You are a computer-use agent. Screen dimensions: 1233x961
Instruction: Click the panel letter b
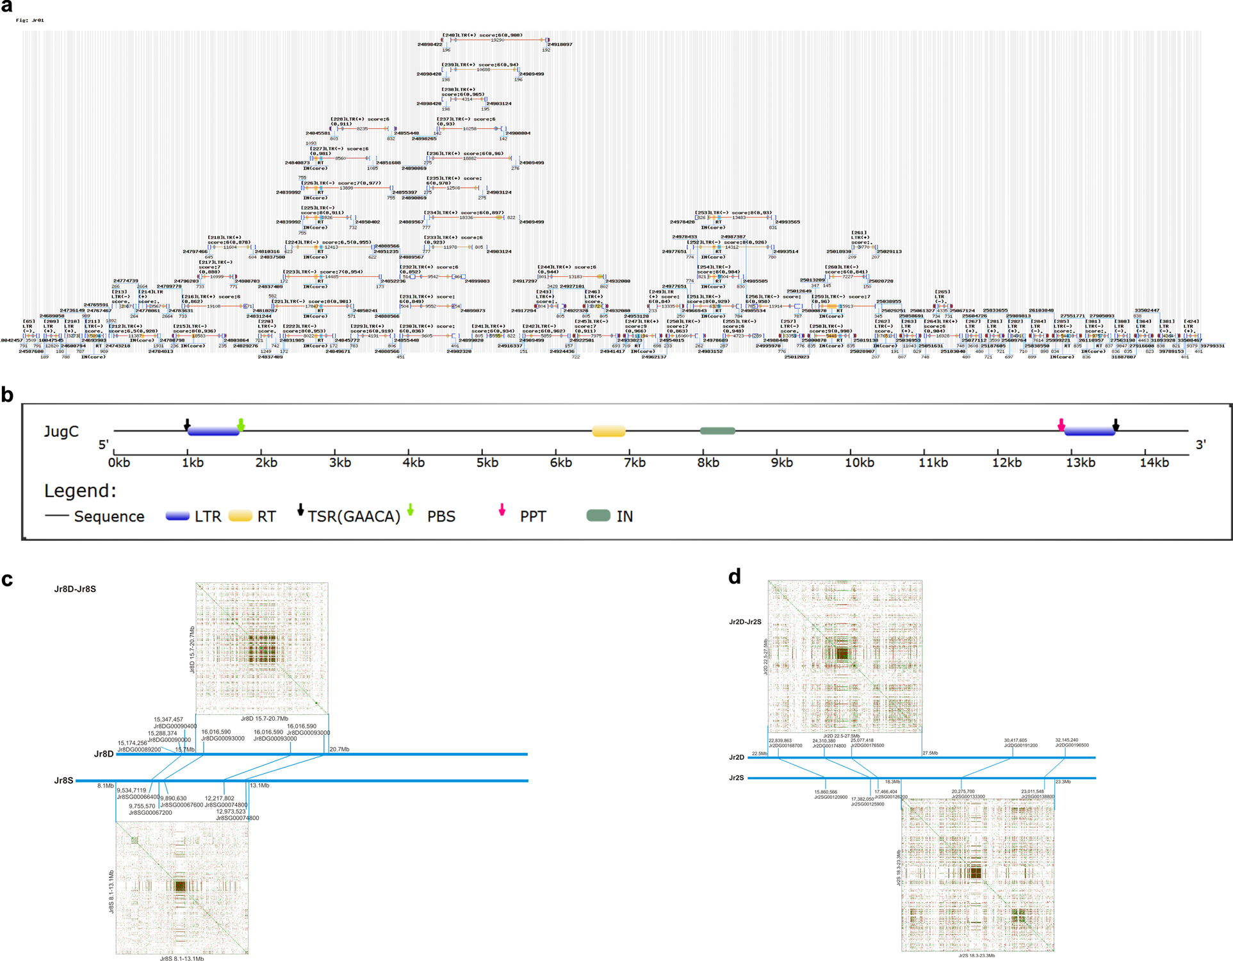pyautogui.click(x=8, y=395)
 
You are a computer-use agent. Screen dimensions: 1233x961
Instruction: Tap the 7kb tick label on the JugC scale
pyautogui.click(x=634, y=463)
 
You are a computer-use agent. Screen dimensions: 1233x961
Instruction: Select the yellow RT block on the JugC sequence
pyautogui.click(x=608, y=431)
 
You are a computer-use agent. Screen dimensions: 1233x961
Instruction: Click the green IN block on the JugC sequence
pyautogui.click(x=717, y=431)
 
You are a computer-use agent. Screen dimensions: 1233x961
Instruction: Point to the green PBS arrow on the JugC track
pyautogui.click(x=241, y=424)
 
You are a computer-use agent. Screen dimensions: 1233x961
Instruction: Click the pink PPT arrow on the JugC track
pyautogui.click(x=1061, y=425)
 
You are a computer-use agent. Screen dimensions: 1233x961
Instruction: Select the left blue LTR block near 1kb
pyautogui.click(x=213, y=432)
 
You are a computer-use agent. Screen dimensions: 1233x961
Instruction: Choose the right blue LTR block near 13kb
pyautogui.click(x=1090, y=432)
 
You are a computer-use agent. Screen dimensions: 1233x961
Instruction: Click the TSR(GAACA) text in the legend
pyautogui.click(x=354, y=516)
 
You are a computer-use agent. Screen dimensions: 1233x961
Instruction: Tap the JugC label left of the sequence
pyautogui.click(x=61, y=431)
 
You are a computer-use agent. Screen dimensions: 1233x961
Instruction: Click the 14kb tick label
pyautogui.click(x=1154, y=463)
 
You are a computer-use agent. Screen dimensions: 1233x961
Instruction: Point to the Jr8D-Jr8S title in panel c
pyautogui.click(x=75, y=589)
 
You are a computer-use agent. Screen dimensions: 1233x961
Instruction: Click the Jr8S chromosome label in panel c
pyautogui.click(x=63, y=780)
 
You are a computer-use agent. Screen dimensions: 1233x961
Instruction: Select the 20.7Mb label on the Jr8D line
pyautogui.click(x=339, y=749)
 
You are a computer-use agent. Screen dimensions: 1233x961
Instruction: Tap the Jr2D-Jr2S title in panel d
pyautogui.click(x=745, y=622)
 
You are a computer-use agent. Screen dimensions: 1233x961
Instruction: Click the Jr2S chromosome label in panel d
pyautogui.click(x=737, y=778)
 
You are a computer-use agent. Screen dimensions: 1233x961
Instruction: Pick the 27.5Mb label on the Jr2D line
pyautogui.click(x=930, y=753)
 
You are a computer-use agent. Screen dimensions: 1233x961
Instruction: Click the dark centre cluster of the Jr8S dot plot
pyautogui.click(x=180, y=886)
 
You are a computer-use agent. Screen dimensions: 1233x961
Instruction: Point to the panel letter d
pyautogui.click(x=735, y=577)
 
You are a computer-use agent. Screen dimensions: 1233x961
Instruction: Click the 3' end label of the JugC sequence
pyautogui.click(x=1200, y=444)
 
